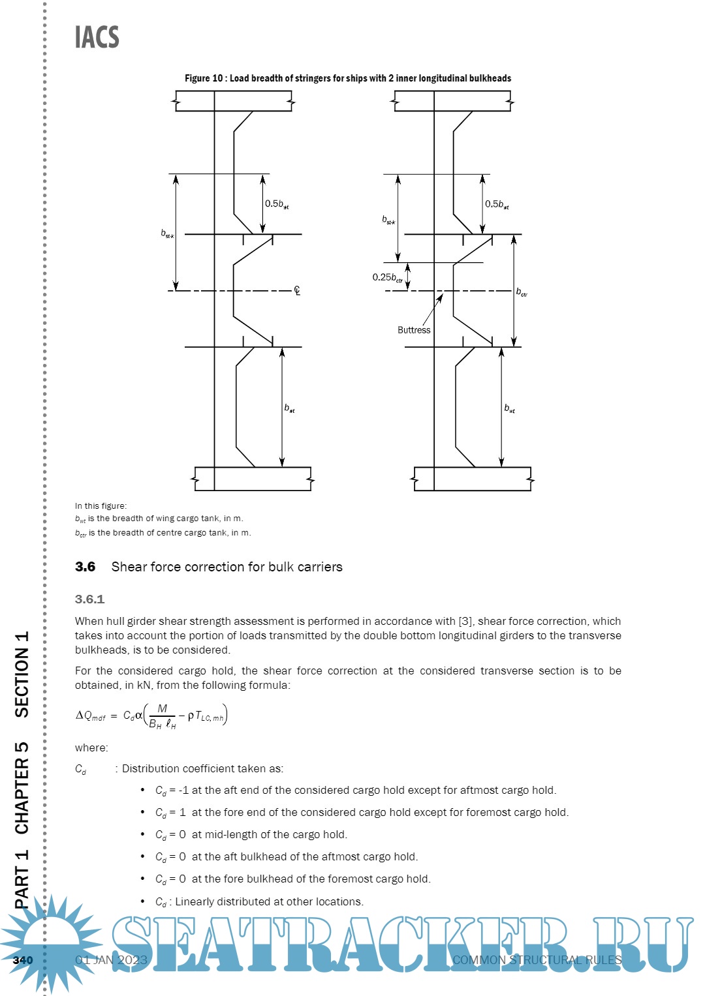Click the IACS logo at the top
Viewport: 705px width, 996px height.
pyautogui.click(x=97, y=37)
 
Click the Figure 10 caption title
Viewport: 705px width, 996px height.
pyautogui.click(x=348, y=78)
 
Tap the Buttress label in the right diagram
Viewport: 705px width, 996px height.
pyautogui.click(x=414, y=330)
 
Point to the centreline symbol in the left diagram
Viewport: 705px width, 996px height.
pyautogui.click(x=297, y=291)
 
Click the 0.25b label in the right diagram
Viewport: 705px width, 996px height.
pyautogui.click(x=387, y=277)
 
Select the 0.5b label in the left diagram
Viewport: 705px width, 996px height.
pyautogui.click(x=276, y=204)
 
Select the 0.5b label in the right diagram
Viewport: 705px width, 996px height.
pyautogui.click(x=496, y=204)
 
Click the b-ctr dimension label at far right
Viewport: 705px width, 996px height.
pyautogui.click(x=522, y=292)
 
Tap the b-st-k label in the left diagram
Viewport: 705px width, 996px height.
pyautogui.click(x=167, y=234)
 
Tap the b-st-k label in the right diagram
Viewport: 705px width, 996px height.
pyautogui.click(x=388, y=220)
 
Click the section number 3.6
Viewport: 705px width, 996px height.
pyautogui.click(x=85, y=567)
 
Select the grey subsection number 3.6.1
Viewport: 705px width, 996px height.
pyautogui.click(x=89, y=599)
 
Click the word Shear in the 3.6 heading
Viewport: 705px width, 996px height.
pyautogui.click(x=129, y=567)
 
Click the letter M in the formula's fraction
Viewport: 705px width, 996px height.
pyautogui.click(x=163, y=708)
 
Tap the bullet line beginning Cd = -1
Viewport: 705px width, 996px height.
pyautogui.click(x=356, y=791)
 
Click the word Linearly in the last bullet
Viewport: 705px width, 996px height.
pyautogui.click(x=196, y=901)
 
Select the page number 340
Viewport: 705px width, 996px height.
pyautogui.click(x=23, y=960)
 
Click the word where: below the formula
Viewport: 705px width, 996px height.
pyautogui.click(x=91, y=747)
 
